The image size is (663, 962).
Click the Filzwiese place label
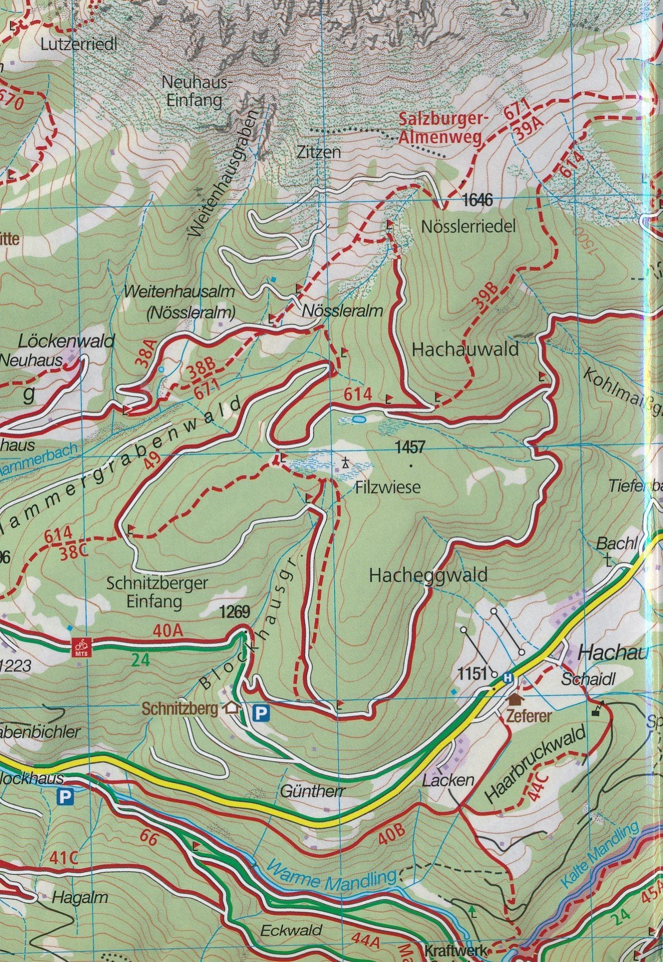click(x=388, y=486)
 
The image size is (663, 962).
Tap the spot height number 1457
click(x=410, y=447)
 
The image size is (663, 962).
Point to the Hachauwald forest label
click(x=465, y=350)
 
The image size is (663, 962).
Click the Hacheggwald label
click(x=428, y=575)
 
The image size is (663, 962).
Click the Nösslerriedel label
click(x=468, y=227)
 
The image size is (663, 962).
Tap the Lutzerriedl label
click(x=79, y=45)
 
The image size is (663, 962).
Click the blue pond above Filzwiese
click(x=358, y=419)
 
